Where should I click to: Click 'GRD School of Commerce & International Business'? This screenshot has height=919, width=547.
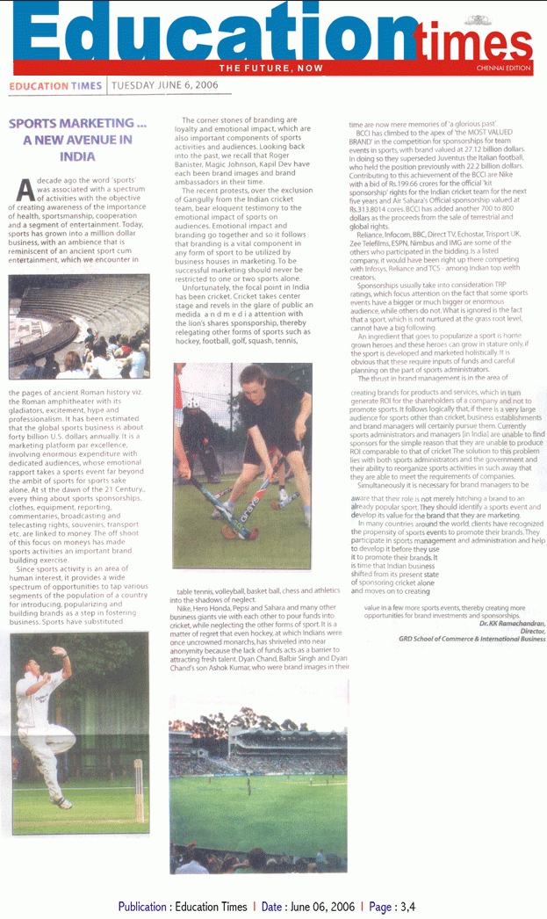pos(471,639)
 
